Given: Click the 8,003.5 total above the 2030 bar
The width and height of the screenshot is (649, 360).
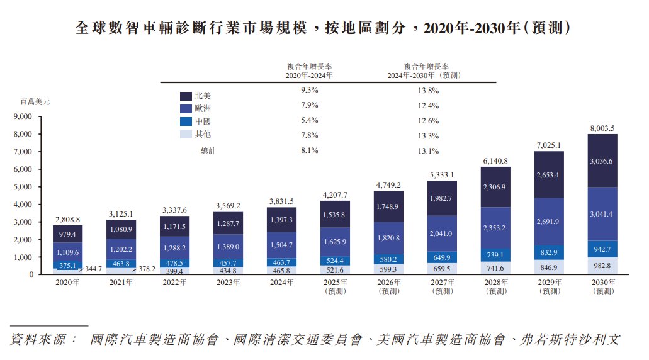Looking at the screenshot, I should pos(603,128).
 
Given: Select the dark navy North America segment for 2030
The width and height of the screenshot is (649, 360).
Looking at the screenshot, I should pos(603,161).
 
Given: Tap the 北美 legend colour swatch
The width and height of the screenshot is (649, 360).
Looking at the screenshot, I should pos(186,96).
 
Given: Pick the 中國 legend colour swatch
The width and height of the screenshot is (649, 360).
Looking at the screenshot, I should pos(186,121).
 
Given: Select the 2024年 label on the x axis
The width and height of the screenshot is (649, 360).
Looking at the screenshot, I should pos(281,283).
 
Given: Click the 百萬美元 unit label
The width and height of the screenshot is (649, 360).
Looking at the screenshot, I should pos(35,101).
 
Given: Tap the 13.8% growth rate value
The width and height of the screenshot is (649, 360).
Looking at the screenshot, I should pos(428,91).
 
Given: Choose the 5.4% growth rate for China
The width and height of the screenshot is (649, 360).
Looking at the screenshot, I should pos(310,120).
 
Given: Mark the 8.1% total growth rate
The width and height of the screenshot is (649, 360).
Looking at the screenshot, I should pos(310,150).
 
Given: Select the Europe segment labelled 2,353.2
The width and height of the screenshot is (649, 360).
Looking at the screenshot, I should pos(496,227).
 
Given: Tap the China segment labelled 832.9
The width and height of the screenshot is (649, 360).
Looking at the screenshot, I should pos(550,252).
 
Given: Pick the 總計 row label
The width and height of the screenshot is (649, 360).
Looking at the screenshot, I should pos(208,150).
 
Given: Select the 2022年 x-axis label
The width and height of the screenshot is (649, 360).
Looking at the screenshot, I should pos(174,283).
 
